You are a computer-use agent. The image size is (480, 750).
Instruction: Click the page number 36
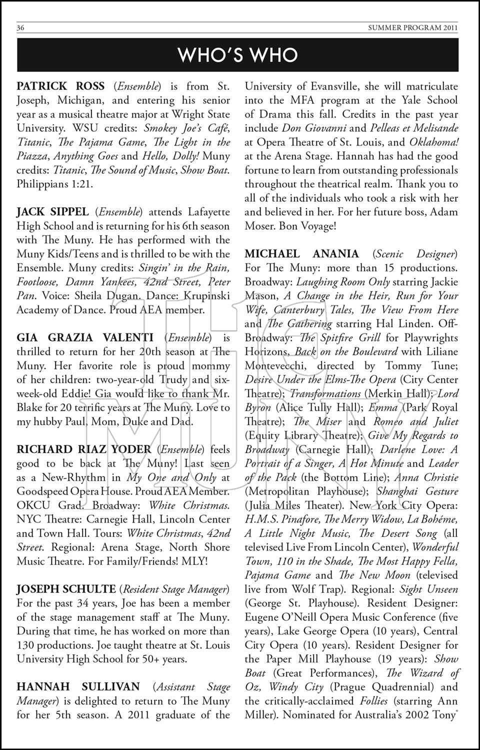click(x=21, y=28)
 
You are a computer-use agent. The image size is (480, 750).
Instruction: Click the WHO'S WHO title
click(x=238, y=55)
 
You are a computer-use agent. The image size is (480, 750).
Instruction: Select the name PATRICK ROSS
click(x=61, y=86)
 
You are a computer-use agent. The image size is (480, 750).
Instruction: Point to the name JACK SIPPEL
click(x=53, y=212)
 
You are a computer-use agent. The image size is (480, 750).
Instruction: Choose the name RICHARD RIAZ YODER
click(x=84, y=449)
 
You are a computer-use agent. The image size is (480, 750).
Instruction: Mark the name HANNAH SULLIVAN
click(x=79, y=687)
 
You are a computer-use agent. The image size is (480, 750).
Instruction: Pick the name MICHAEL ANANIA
click(x=302, y=254)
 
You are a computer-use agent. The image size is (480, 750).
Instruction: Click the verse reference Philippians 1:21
click(x=55, y=184)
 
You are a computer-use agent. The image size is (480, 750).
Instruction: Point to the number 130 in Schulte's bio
click(x=26, y=645)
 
